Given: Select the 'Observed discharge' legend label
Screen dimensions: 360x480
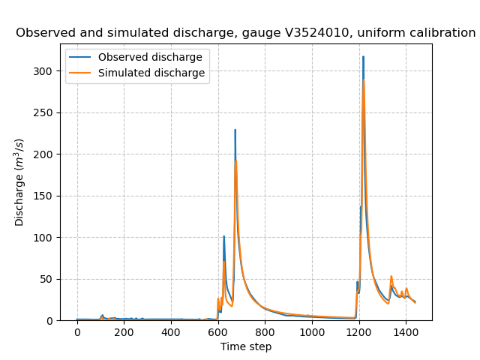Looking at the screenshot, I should (151, 58).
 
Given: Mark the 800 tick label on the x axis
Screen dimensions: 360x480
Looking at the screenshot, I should (265, 332).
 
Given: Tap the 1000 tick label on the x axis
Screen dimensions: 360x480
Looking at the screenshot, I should (312, 332).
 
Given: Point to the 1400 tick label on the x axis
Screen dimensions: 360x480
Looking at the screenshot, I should (406, 332).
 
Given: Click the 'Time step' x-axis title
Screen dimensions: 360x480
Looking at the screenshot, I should (246, 346).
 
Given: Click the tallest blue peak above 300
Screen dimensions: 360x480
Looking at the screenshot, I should (363, 57).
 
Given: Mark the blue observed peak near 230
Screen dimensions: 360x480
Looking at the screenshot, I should (235, 130).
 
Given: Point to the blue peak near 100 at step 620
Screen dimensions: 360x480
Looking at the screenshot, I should (223, 236).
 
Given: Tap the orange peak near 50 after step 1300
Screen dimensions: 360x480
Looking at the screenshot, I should (391, 276).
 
